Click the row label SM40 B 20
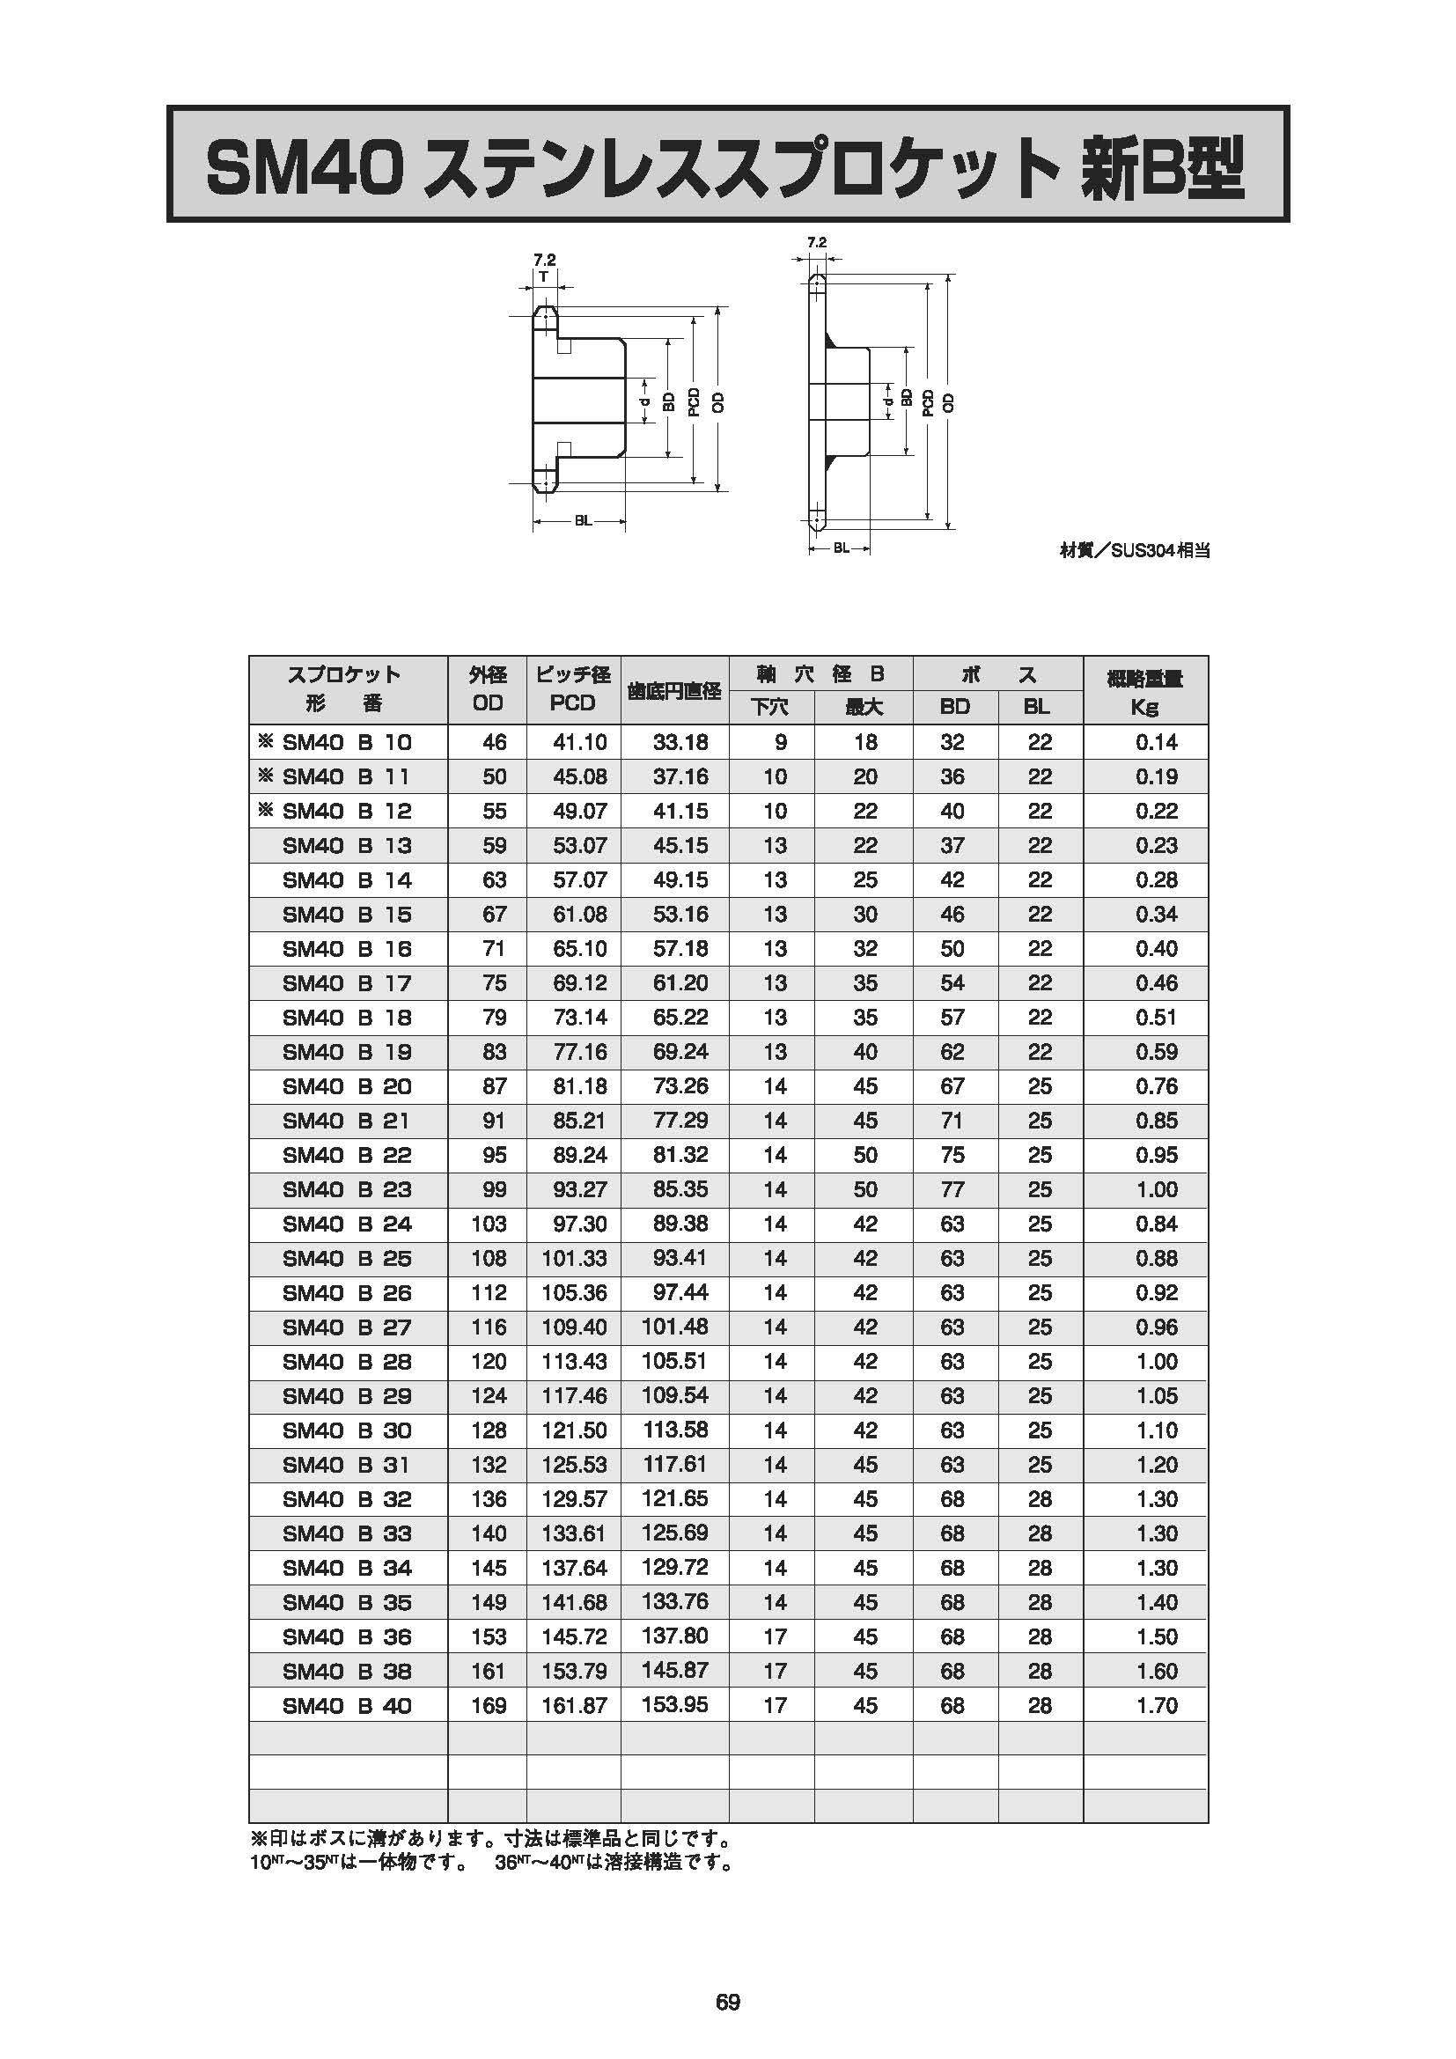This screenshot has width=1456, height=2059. [347, 1087]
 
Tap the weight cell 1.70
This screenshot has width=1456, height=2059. [1157, 1706]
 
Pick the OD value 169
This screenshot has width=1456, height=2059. [489, 1706]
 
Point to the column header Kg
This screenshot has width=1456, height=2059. [1145, 707]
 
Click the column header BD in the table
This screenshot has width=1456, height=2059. [955, 707]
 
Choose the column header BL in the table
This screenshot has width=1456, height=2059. [1037, 707]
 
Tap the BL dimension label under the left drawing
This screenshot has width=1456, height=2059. [583, 521]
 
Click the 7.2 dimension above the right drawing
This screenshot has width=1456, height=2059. [816, 242]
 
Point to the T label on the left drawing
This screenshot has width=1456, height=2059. [544, 276]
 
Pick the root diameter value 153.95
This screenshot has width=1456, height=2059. [675, 1705]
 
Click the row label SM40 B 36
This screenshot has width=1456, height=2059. [347, 1637]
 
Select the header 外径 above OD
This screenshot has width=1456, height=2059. [488, 674]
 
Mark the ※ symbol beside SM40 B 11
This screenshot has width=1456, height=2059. [265, 776]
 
